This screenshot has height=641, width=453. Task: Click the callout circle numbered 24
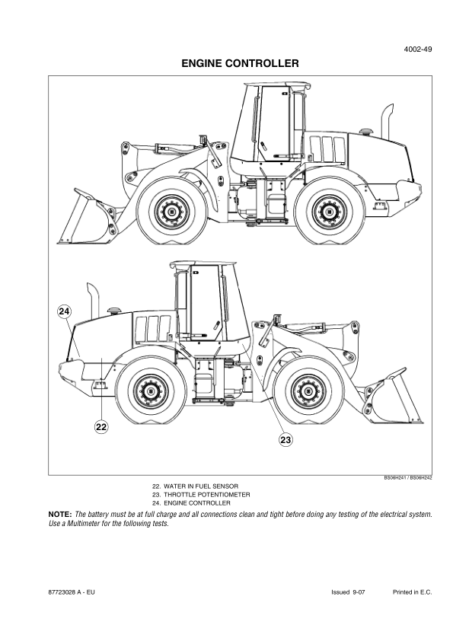[x=64, y=311]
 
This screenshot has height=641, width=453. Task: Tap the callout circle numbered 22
[x=101, y=427]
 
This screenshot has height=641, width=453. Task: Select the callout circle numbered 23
[x=286, y=439]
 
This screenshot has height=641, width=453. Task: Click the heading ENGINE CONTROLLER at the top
[x=240, y=63]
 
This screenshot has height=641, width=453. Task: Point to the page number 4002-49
[x=418, y=49]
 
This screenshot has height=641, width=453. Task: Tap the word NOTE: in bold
[x=60, y=515]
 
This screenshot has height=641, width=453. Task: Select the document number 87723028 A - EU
[x=71, y=592]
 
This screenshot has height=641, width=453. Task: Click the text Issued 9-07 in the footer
[x=348, y=592]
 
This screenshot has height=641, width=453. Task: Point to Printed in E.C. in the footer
[x=412, y=592]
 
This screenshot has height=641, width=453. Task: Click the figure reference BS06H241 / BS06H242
[x=407, y=477]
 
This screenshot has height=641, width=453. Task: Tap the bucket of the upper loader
[x=88, y=218]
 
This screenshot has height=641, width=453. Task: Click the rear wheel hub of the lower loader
[x=151, y=391]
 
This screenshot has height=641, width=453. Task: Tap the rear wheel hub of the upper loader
[x=328, y=212]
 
